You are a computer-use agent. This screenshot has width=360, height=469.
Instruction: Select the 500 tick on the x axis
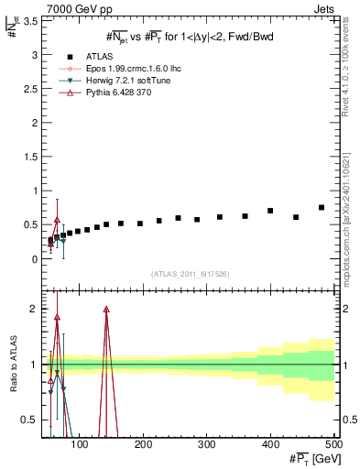click(x=333, y=445)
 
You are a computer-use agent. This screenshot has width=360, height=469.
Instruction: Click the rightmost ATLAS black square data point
click(x=322, y=208)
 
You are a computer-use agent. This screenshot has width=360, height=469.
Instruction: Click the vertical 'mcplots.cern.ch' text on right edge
click(x=351, y=220)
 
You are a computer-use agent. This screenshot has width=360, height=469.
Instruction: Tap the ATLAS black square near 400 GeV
click(x=270, y=211)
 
